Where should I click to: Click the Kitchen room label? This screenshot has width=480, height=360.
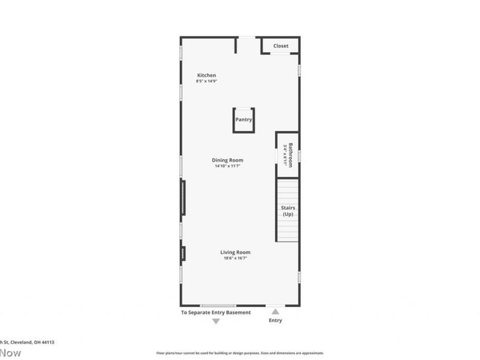[206, 75]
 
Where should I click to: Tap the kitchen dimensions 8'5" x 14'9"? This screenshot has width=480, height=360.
[206, 81]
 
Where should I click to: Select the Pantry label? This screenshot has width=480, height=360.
[244, 119]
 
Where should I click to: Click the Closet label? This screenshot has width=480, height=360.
[281, 46]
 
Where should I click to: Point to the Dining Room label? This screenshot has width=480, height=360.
[227, 160]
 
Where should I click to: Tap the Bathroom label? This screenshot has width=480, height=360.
[290, 154]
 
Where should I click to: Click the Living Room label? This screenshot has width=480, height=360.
[236, 252]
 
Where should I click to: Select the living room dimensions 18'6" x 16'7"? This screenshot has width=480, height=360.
[236, 258]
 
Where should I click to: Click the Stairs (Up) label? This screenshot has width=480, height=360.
[288, 211]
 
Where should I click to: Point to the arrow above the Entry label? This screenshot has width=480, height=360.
[275, 311]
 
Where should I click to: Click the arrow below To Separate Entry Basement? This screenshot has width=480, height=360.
[216, 322]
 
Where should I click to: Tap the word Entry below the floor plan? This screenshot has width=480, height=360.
[275, 320]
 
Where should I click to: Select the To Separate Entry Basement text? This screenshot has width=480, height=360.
[216, 313]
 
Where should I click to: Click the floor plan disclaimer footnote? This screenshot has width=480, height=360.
[240, 353]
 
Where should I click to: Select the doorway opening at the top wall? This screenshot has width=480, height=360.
[247, 38]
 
